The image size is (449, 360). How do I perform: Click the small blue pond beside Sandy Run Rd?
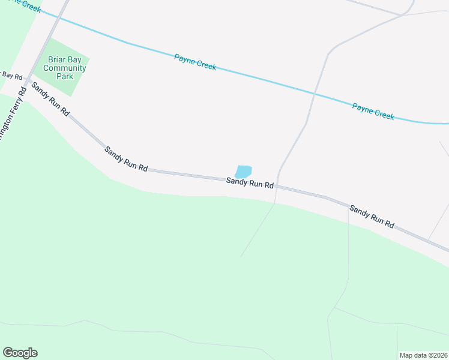[243, 171]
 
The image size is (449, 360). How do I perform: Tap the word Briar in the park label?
[58, 59]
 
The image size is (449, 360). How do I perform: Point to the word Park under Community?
[65, 76]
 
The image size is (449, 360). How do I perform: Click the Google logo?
[20, 353]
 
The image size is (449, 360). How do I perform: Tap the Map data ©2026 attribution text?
[423, 355]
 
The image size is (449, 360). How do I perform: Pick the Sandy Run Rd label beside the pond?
[250, 182]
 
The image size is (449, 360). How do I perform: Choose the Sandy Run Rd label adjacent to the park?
[50, 99]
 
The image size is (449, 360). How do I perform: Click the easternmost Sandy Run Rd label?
[372, 217]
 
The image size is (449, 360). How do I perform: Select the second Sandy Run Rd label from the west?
[125, 160]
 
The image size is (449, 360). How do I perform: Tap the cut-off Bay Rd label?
[11, 76]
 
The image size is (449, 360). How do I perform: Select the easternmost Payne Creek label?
[373, 112]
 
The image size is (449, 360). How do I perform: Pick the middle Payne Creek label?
[195, 62]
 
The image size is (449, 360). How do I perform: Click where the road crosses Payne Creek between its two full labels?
[314, 94]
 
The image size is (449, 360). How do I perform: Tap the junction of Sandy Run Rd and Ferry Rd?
[28, 80]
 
